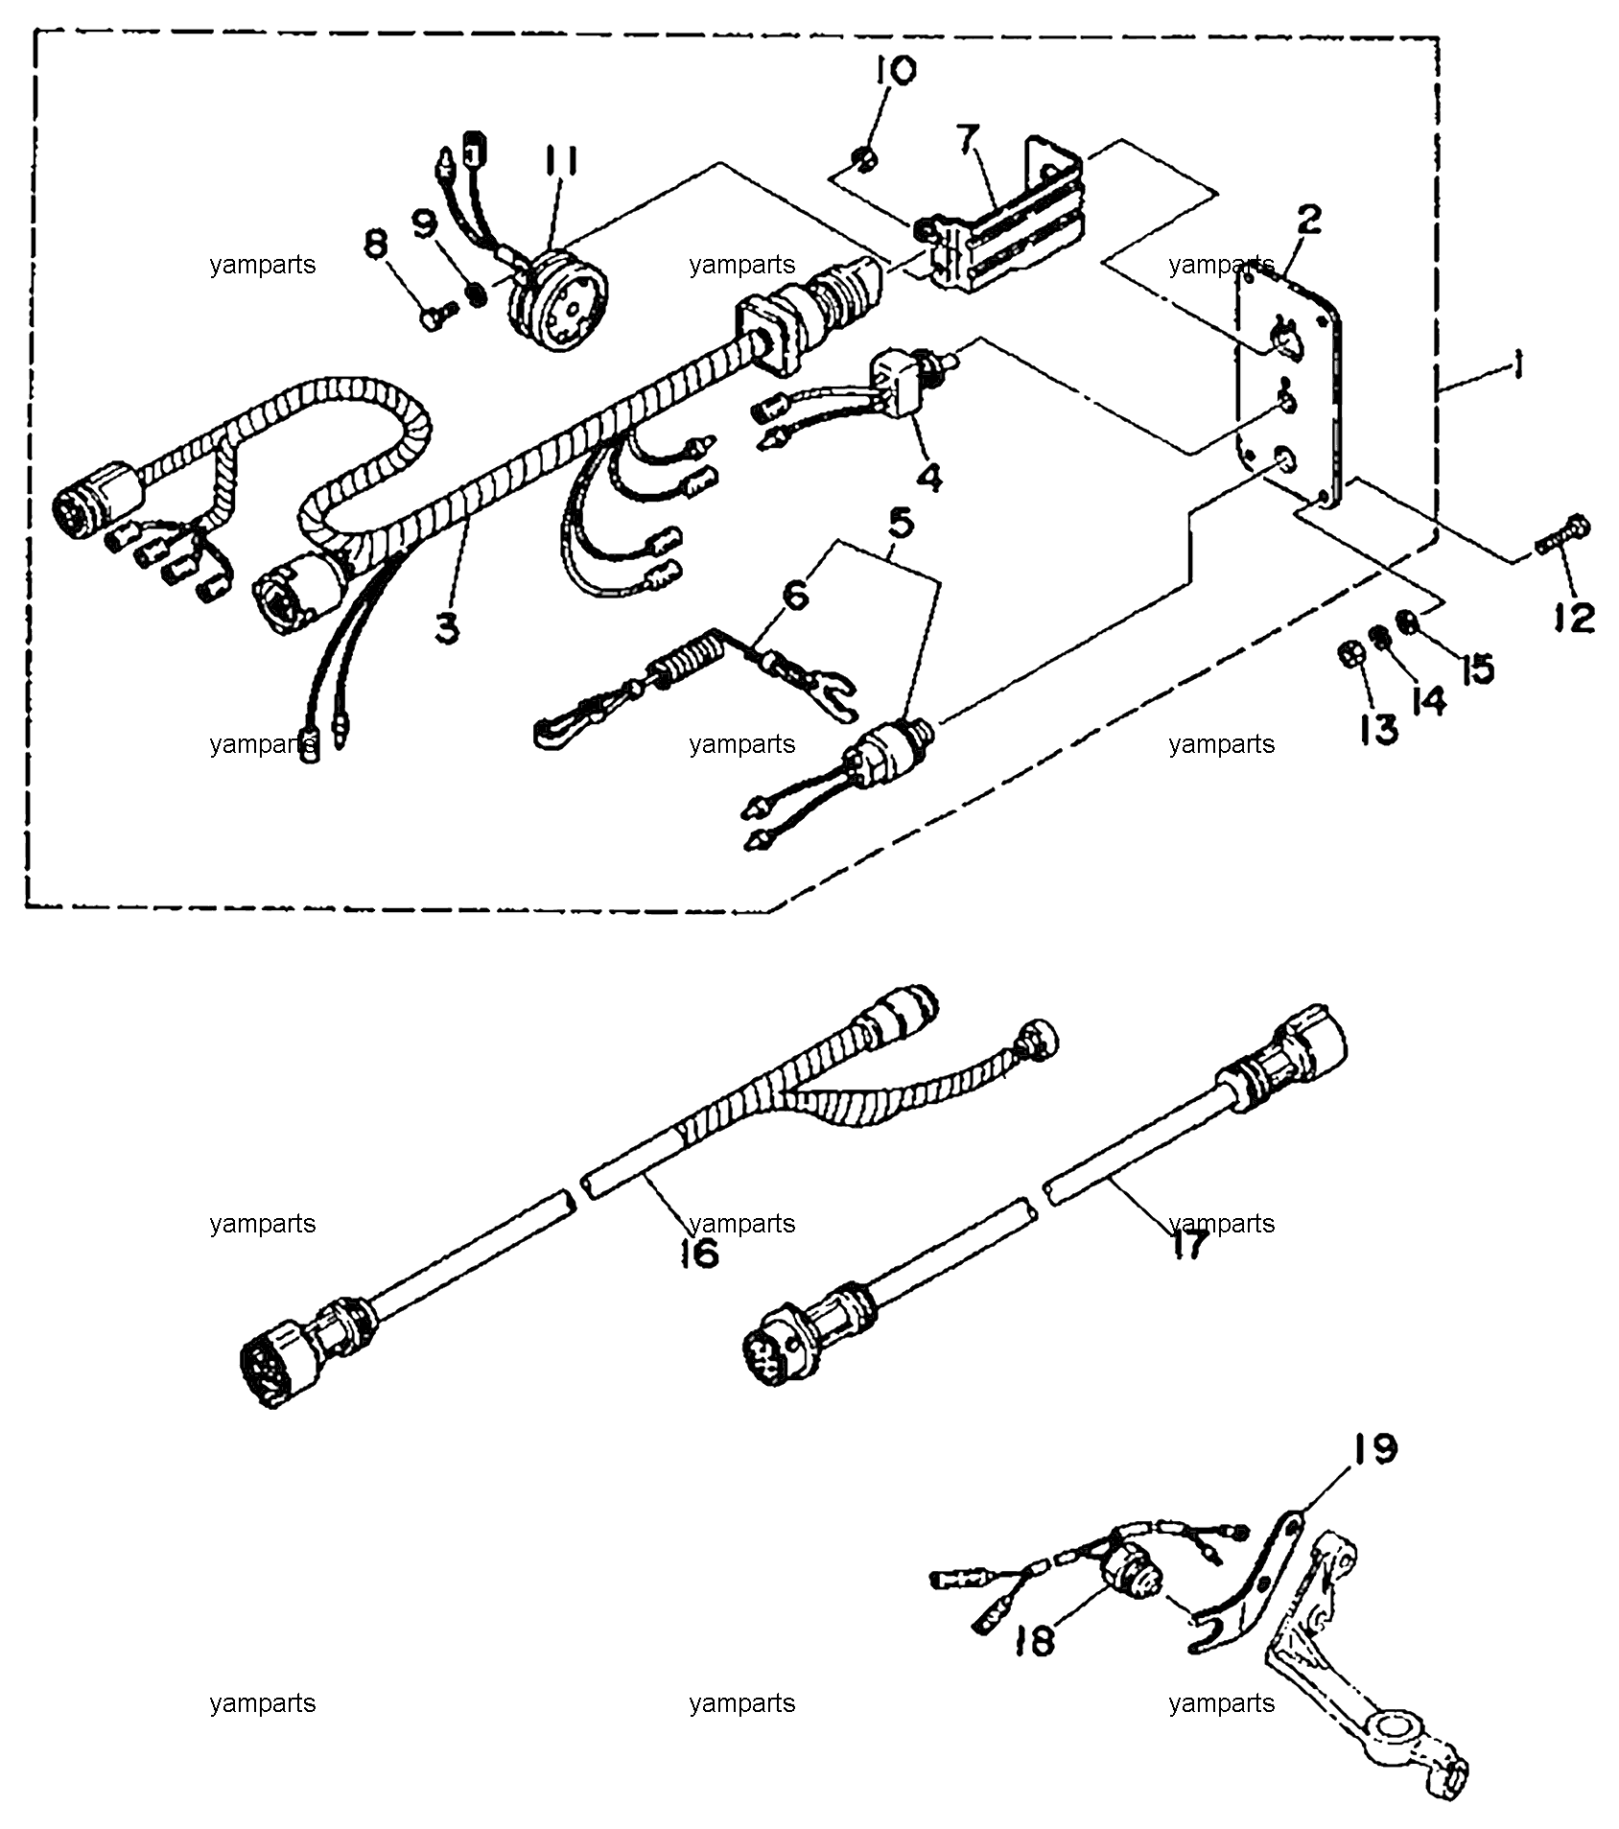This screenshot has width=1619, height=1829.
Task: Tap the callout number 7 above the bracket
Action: (x=970, y=138)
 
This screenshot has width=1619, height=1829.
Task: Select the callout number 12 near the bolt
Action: (x=1573, y=618)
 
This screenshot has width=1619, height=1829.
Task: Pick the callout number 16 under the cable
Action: (x=699, y=1253)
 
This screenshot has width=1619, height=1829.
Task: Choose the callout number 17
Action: (x=1188, y=1245)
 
